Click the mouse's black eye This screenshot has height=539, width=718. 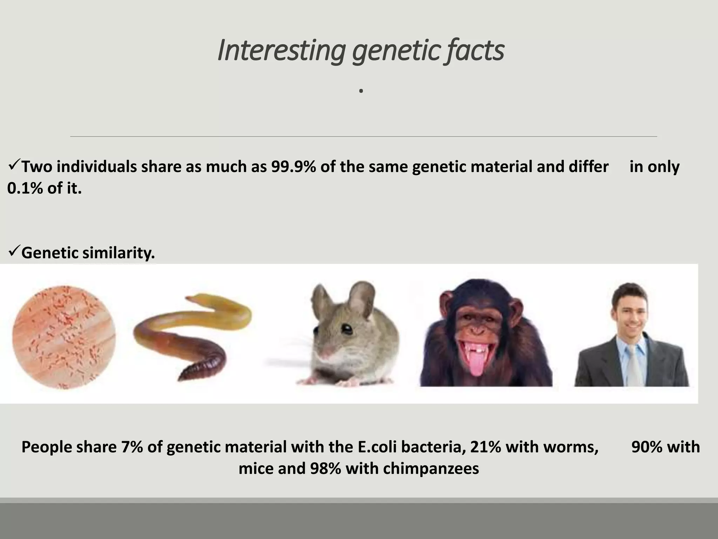tap(347, 329)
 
